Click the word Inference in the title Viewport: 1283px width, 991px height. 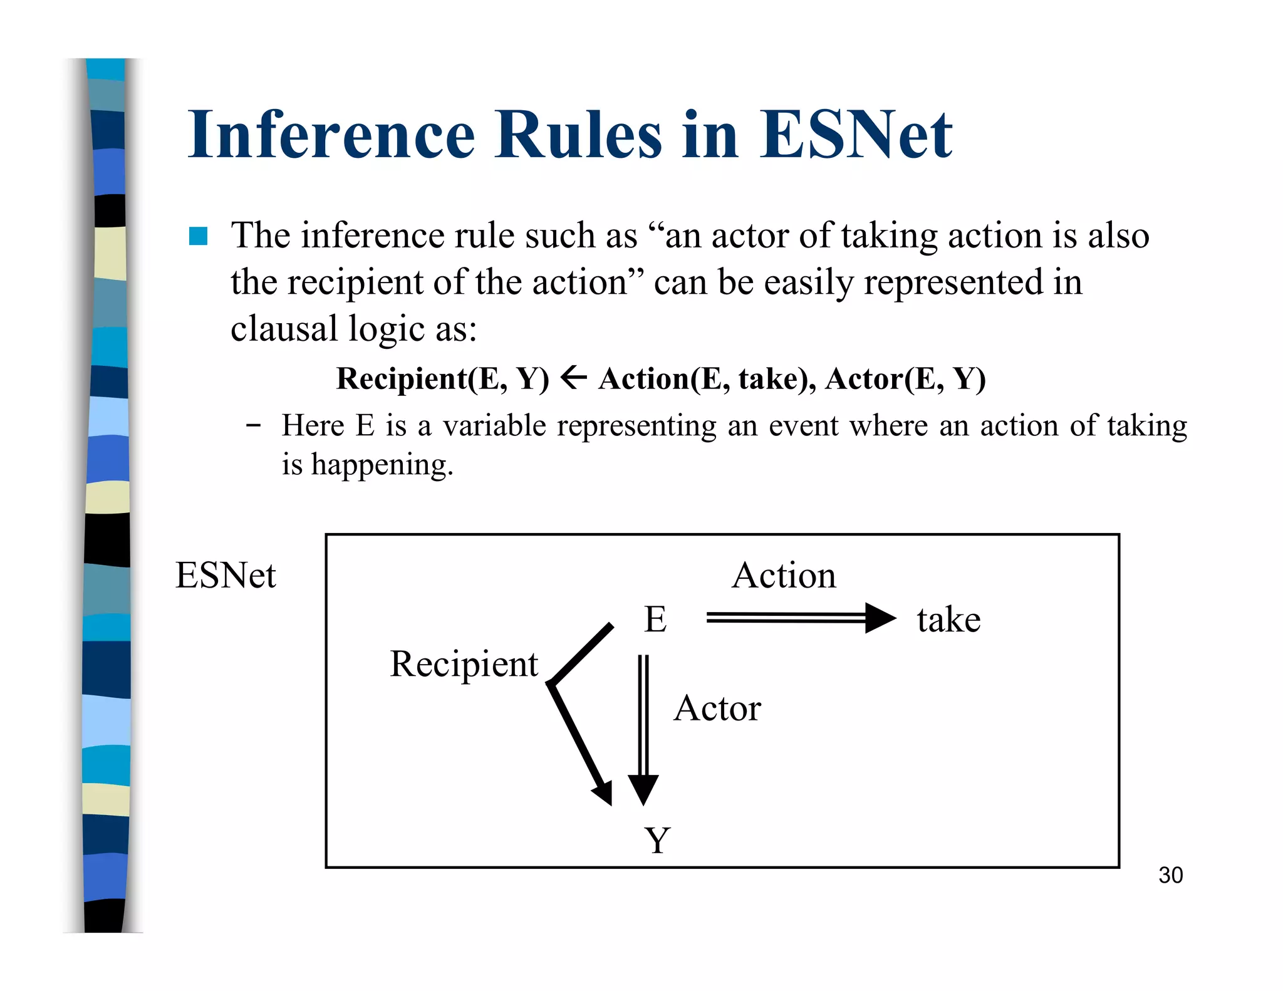[x=331, y=135]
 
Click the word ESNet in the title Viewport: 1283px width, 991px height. [x=856, y=135]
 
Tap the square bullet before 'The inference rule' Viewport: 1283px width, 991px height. [x=198, y=236]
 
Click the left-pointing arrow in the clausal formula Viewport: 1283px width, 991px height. [x=574, y=377]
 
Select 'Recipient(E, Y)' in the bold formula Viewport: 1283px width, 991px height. [x=442, y=378]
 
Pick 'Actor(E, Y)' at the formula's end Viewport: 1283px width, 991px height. [x=905, y=378]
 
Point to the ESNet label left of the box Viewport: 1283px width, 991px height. [x=226, y=575]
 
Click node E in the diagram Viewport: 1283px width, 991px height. [x=655, y=619]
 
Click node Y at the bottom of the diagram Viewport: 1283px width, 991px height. [x=657, y=840]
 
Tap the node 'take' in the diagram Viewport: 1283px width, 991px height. [x=948, y=620]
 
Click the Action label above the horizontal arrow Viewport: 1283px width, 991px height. [x=784, y=575]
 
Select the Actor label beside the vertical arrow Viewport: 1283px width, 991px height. [x=717, y=708]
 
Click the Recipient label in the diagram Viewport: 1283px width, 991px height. [x=464, y=664]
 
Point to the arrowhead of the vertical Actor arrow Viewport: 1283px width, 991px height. [x=643, y=789]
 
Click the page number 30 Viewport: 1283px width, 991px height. [x=1170, y=875]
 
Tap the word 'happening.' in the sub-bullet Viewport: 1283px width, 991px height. [x=382, y=465]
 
